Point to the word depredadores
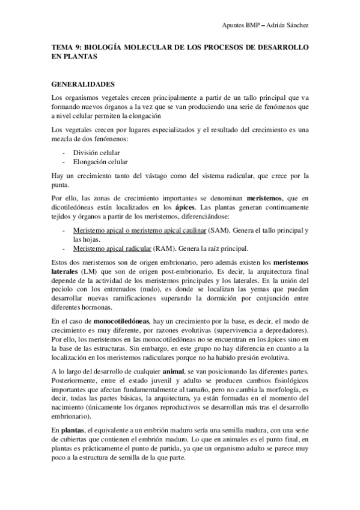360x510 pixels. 288,330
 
